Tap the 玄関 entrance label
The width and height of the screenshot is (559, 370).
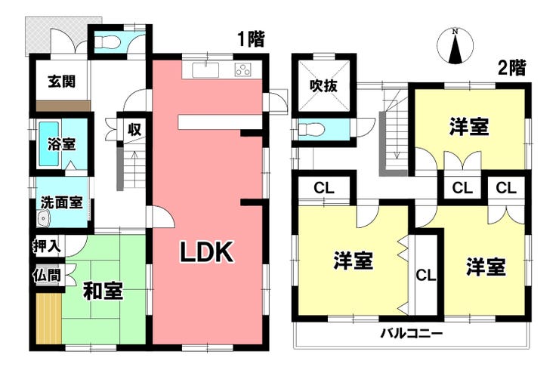coord(60,82)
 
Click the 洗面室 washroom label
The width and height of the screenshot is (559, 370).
coord(61,203)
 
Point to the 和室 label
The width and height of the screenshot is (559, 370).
coord(103,291)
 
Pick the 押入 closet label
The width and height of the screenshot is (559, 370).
coord(47,245)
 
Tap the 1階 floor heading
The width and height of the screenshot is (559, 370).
coord(251,39)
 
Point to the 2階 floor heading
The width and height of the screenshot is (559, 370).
coord(511,68)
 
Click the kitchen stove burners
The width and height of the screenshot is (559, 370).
coord(243,71)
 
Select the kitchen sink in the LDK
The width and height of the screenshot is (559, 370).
coord(205,71)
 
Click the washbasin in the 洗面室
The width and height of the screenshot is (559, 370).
coord(42,220)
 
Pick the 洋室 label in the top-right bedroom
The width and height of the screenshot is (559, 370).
coord(468,128)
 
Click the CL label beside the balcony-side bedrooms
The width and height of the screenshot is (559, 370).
coord(425,275)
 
